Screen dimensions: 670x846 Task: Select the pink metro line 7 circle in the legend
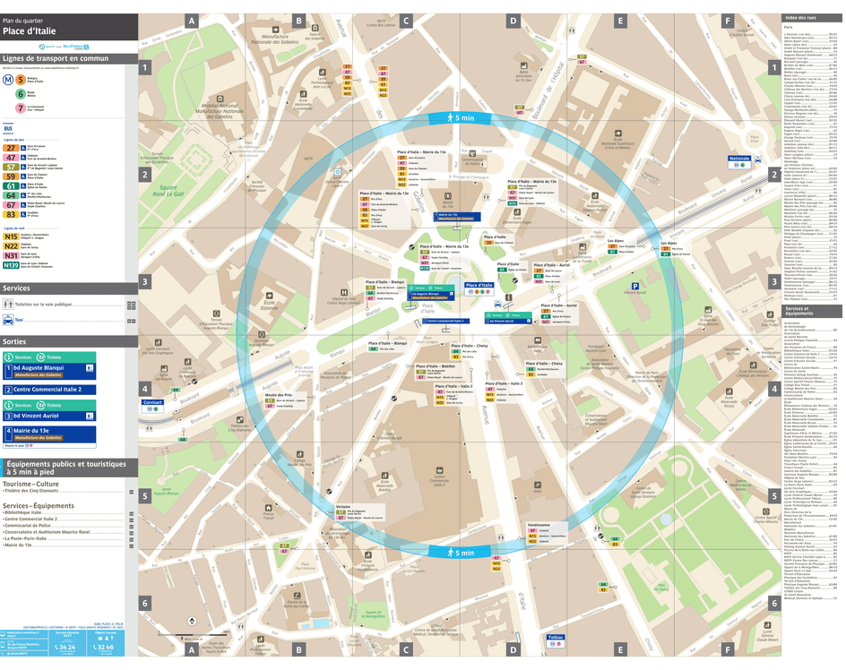[x=21, y=107]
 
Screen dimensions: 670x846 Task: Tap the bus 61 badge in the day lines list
[x=11, y=186]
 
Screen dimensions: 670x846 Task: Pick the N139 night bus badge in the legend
[x=12, y=265]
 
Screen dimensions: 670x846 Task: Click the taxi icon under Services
[x=8, y=320]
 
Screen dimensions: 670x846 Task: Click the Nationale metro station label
[x=739, y=159]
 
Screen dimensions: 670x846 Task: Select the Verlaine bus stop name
[x=343, y=505]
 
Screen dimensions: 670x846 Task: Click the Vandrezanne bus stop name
[x=539, y=525]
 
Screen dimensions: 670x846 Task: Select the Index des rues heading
[x=800, y=18]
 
